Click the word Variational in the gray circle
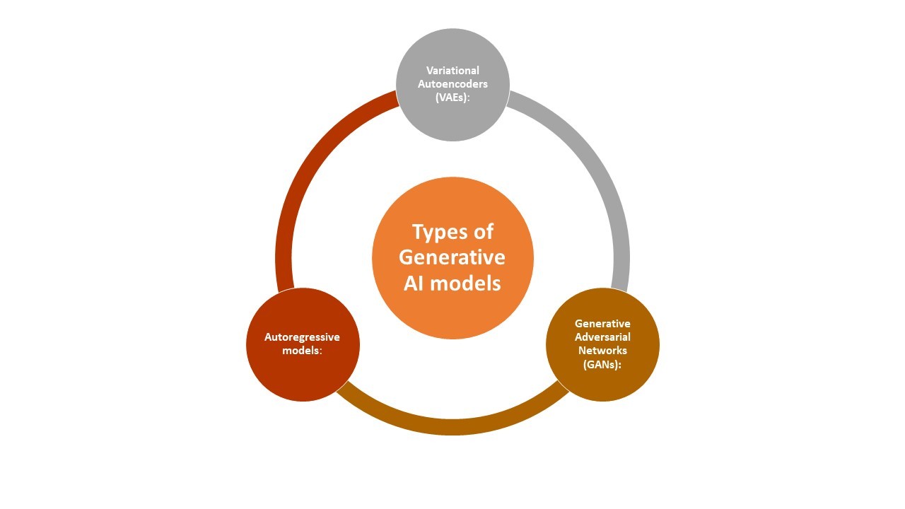tap(452, 70)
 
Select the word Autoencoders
tap(452, 84)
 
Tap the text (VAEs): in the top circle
tap(452, 98)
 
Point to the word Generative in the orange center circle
tap(452, 257)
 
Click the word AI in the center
tap(414, 283)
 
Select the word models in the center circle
tap(465, 283)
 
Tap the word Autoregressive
tap(302, 337)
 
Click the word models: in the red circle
tap(302, 351)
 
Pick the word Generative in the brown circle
tap(602, 324)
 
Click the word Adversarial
tap(602, 337)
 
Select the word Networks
tap(602, 351)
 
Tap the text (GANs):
tap(602, 364)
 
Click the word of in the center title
tap(484, 231)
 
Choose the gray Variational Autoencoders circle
tap(452, 85)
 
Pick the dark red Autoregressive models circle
tap(303, 344)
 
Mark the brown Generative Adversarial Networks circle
tap(602, 344)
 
